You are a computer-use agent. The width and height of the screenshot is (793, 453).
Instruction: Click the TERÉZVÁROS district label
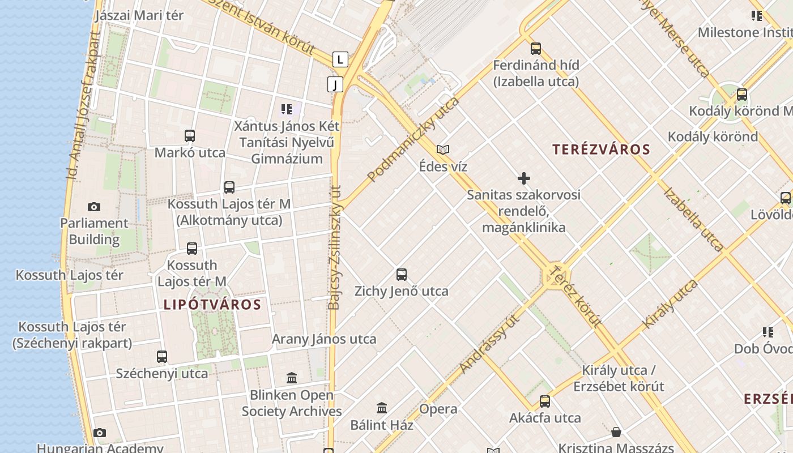(601, 149)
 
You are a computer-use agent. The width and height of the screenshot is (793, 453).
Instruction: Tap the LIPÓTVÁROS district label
(212, 305)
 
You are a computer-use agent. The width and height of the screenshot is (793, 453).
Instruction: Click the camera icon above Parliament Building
(94, 207)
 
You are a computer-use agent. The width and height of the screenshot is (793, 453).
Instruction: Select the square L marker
(340, 59)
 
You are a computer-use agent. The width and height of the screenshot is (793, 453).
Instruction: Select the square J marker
(335, 85)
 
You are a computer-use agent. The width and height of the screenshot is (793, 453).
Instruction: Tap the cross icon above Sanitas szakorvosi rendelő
(524, 179)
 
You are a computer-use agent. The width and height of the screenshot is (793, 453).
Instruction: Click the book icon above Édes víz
(443, 150)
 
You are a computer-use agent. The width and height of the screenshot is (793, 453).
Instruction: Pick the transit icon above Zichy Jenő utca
(402, 275)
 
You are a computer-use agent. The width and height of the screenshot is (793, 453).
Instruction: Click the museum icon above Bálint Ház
(382, 408)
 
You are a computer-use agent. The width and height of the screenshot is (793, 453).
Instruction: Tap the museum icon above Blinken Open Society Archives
(292, 378)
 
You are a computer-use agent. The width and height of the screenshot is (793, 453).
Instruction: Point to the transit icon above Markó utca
(190, 136)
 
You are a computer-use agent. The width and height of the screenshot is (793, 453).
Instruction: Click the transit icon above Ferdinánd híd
(536, 49)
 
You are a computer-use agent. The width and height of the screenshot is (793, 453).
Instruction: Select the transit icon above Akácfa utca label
(545, 401)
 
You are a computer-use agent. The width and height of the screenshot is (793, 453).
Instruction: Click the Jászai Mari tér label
(139, 15)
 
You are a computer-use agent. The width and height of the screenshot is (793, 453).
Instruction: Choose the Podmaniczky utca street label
(413, 140)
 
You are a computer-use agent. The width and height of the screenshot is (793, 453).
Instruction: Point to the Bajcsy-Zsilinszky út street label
(335, 248)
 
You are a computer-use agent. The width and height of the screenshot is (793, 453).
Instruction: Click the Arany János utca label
(324, 339)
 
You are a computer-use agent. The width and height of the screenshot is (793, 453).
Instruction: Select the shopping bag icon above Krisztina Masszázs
(616, 433)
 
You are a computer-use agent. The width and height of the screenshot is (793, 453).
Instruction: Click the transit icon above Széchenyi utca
(162, 357)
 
